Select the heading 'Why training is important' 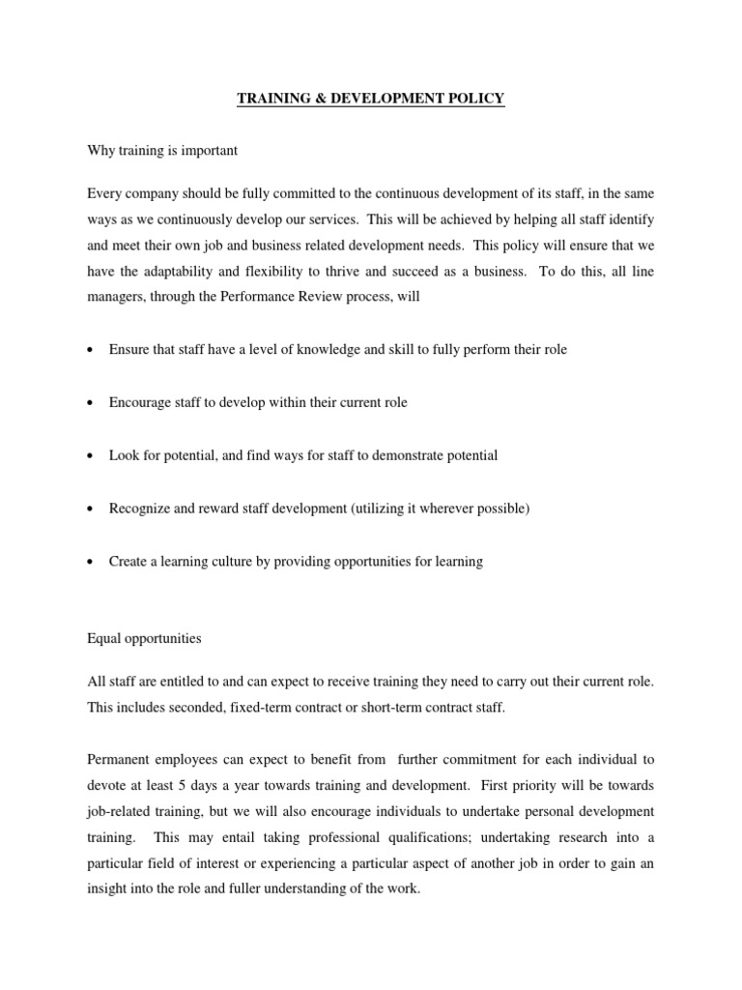click(161, 152)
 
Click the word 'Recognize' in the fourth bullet click(139, 509)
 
